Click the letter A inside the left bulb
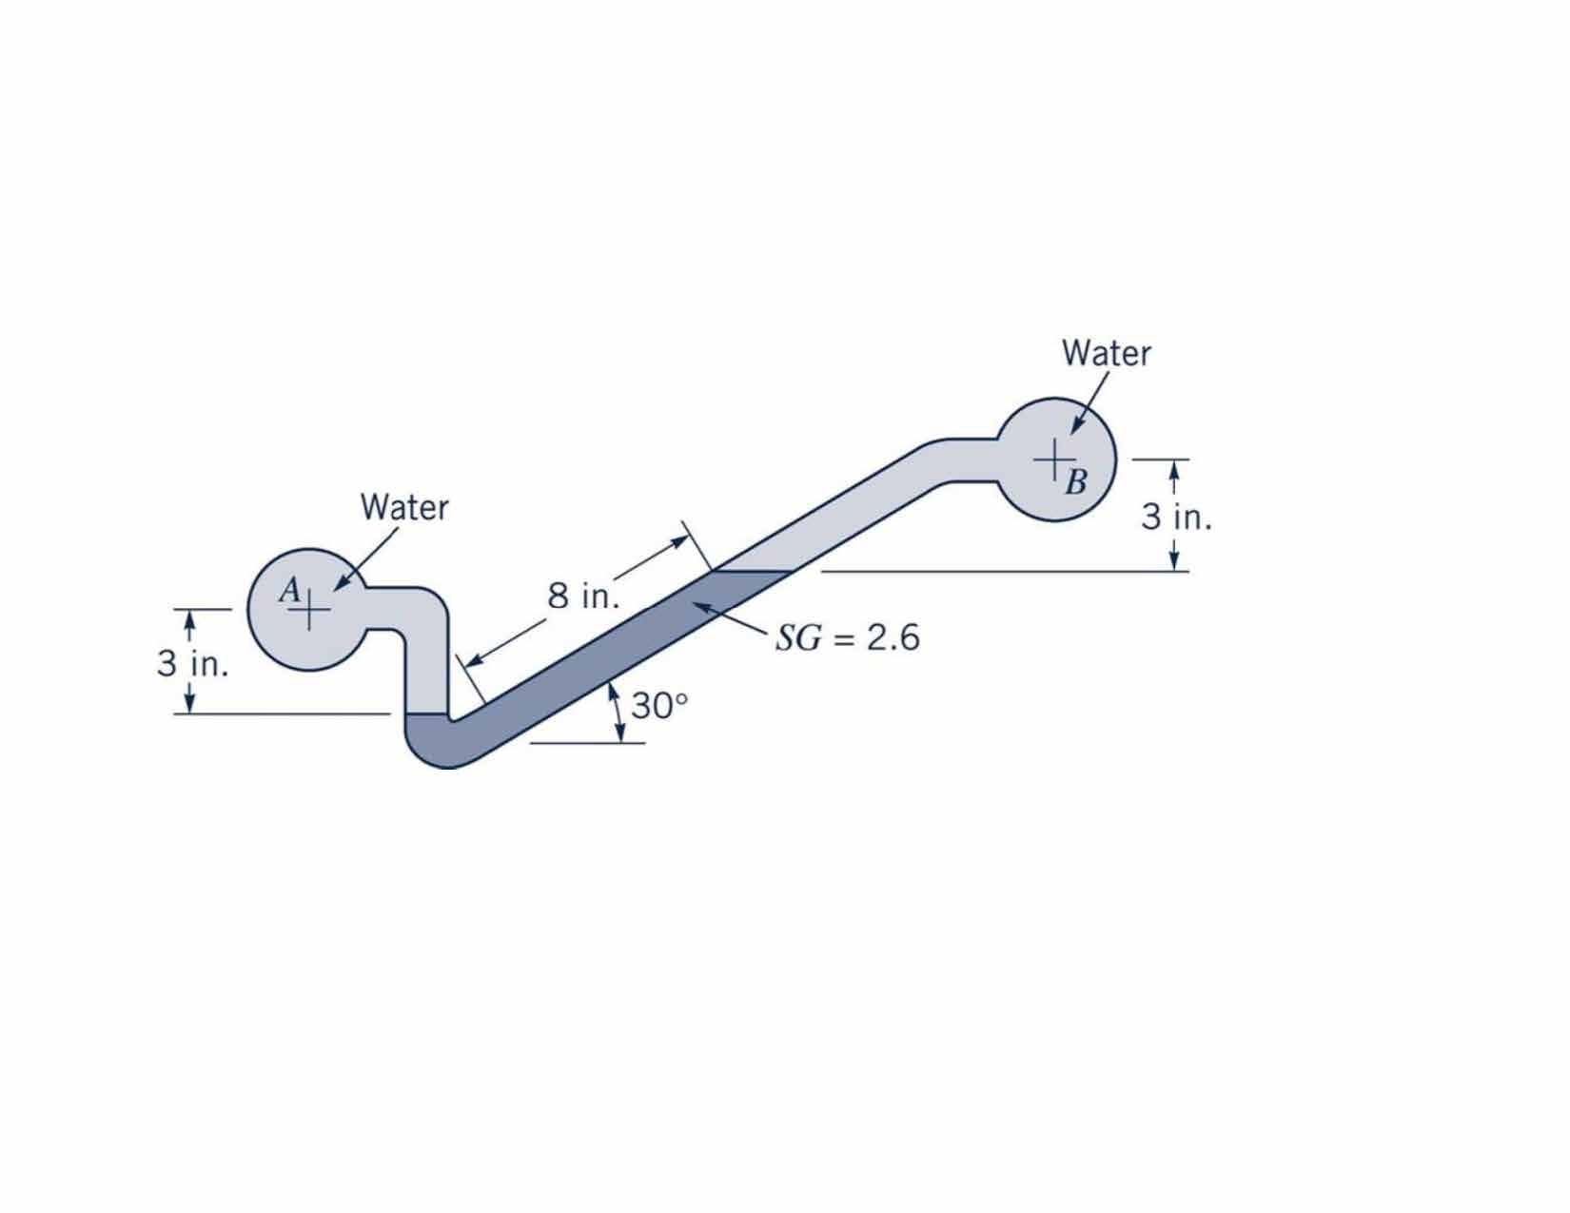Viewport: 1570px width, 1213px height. tap(290, 589)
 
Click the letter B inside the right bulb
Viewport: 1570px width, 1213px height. tap(1076, 482)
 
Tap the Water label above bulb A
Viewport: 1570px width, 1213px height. tap(404, 507)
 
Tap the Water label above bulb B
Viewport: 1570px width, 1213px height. tap(1107, 353)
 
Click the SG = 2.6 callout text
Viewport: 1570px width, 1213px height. tap(848, 638)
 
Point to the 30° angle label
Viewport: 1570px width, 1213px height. tap(659, 706)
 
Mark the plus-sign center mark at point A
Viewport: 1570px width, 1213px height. tap(308, 611)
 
